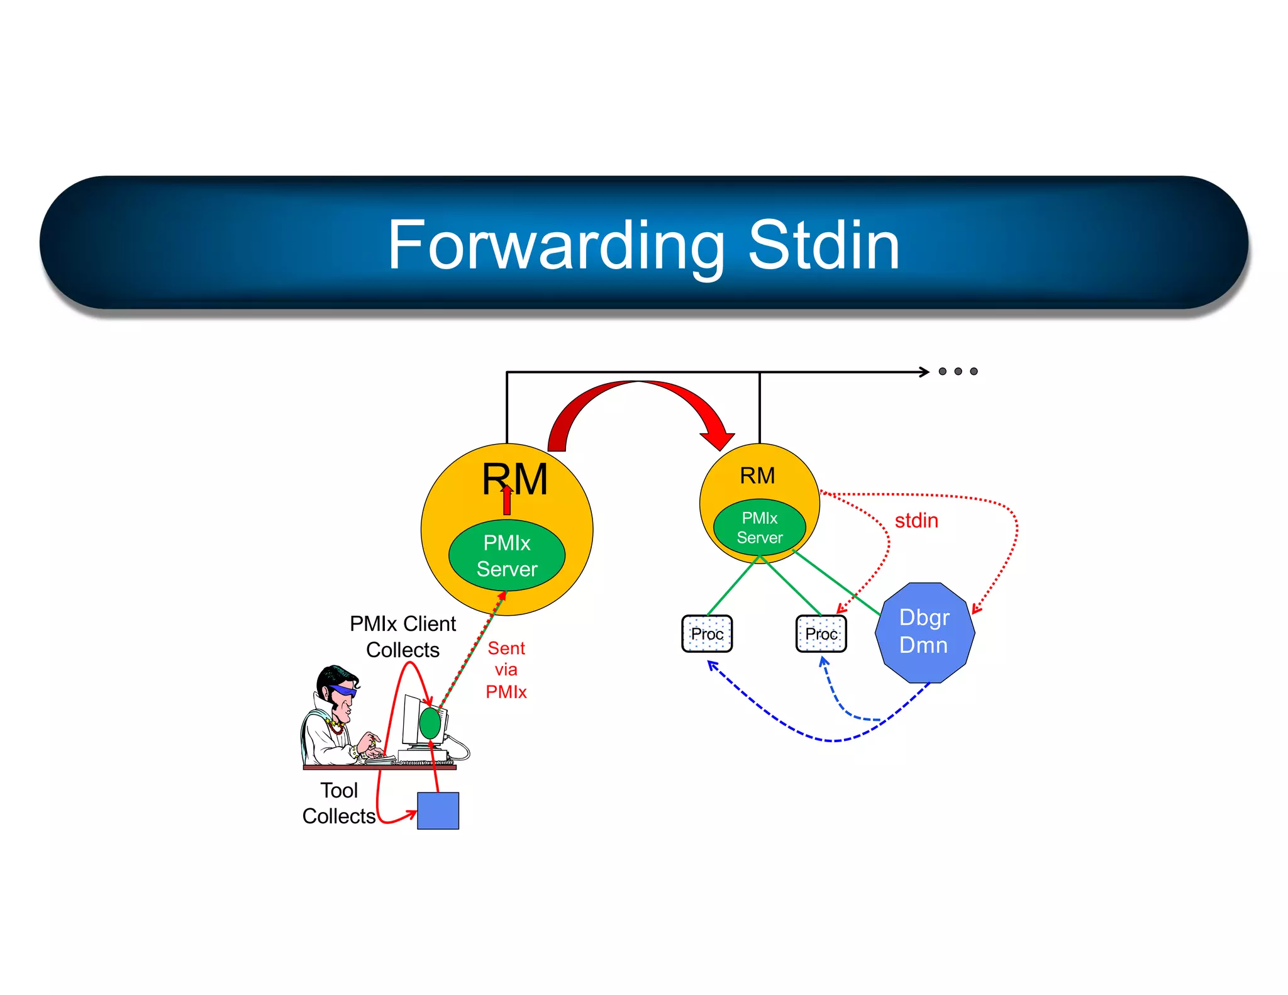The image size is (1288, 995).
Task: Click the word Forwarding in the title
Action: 556,246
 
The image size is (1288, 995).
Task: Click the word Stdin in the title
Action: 823,246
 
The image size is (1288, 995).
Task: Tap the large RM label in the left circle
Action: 514,479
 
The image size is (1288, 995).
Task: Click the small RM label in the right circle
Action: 757,476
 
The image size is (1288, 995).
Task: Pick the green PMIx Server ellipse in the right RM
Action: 760,528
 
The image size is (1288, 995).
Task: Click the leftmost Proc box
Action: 707,634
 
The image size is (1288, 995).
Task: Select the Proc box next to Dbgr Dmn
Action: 821,634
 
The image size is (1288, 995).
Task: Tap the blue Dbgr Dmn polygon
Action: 924,632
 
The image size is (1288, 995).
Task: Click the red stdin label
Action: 916,521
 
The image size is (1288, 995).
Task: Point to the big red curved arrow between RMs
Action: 638,393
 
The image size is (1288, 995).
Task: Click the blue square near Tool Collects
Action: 438,811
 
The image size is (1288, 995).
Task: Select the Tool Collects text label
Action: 339,803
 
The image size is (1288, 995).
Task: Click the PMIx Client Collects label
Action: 403,636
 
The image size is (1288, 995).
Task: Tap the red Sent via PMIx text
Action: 506,670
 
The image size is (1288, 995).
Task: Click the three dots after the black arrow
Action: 958,372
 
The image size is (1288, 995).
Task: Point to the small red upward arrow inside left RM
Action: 507,501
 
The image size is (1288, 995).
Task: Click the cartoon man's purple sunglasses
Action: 343,691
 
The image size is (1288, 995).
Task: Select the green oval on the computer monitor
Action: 430,723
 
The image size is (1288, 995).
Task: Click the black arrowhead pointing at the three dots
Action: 924,372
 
